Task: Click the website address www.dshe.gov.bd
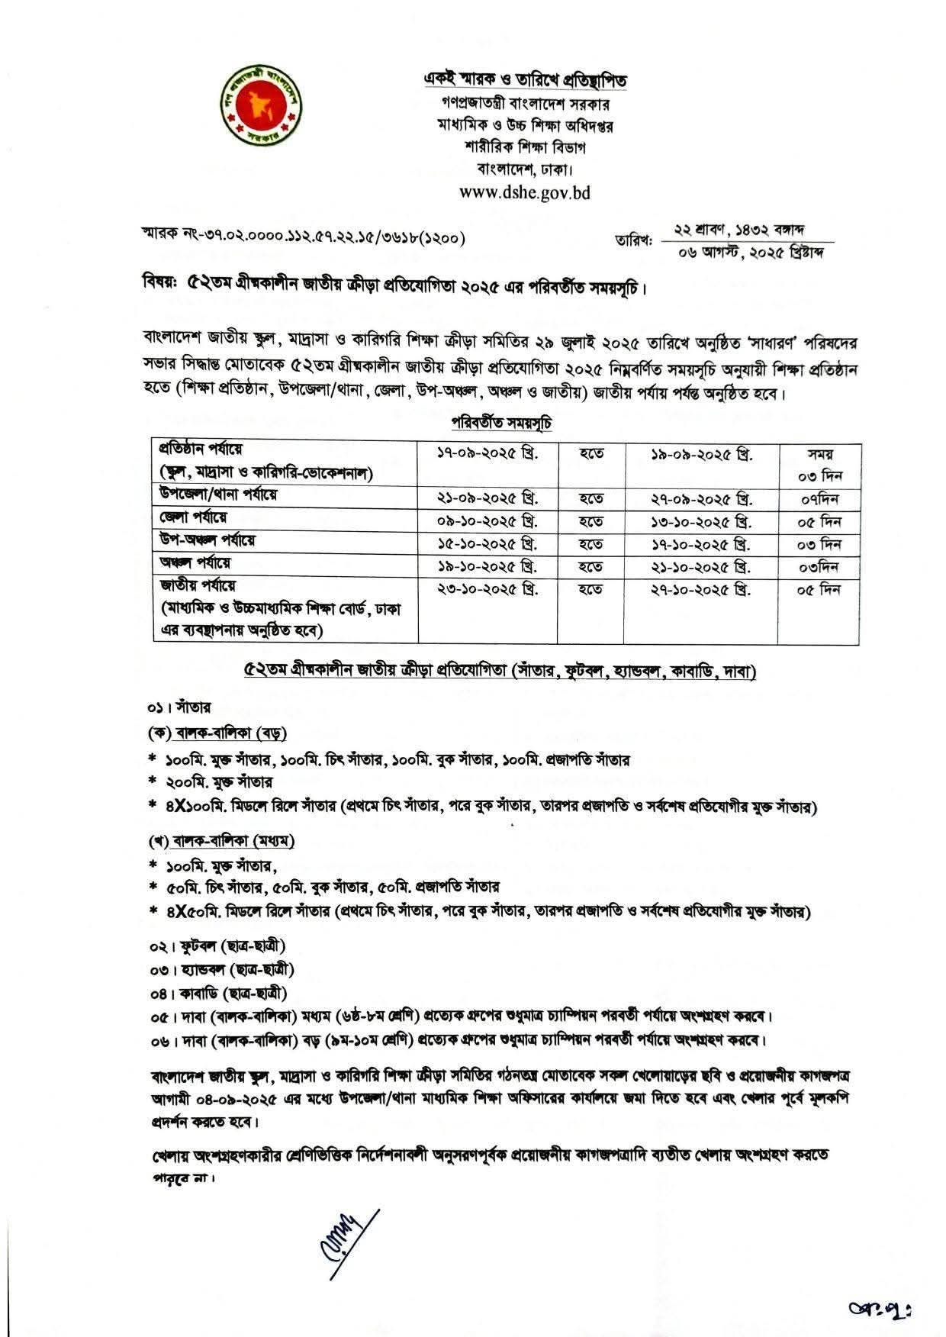[525, 192]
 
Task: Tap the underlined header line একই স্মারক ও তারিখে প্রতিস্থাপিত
[525, 79]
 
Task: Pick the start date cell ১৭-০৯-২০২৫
[487, 453]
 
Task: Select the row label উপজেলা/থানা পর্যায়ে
[218, 495]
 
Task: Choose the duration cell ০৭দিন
[819, 500]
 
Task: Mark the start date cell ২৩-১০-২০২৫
[487, 590]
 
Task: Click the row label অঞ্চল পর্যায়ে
[195, 563]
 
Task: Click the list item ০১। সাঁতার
[180, 707]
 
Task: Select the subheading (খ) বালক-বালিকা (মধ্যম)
[221, 841]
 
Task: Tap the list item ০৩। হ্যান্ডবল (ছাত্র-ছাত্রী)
[221, 970]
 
